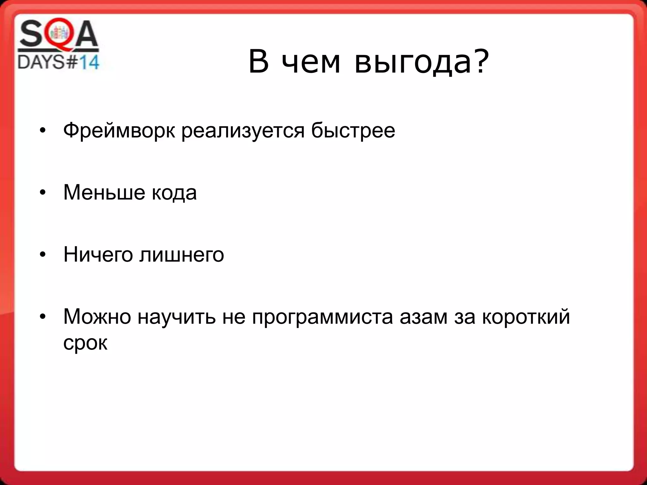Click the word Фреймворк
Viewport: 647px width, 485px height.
119,131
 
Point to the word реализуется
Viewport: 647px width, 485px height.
243,131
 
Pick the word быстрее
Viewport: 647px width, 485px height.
353,131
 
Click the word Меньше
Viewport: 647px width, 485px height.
104,192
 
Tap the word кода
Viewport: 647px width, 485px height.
174,193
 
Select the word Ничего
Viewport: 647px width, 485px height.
98,254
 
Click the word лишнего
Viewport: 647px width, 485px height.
182,254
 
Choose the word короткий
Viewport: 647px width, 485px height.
526,316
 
